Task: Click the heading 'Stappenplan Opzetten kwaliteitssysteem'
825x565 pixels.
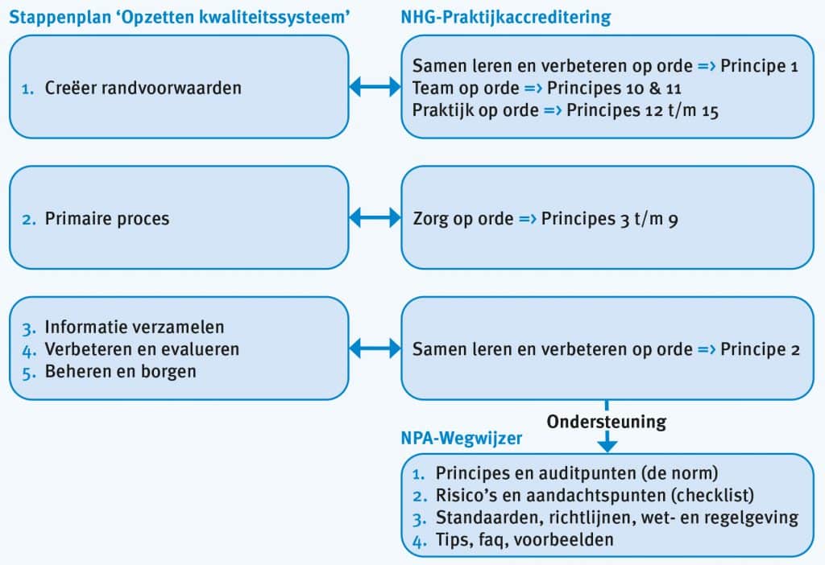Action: tap(180, 18)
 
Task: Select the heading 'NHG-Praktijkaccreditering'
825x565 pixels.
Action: tap(506, 18)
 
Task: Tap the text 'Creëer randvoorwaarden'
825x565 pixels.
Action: tap(143, 88)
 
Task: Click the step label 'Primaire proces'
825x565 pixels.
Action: tap(107, 219)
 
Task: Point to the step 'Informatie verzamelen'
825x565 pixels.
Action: tap(135, 327)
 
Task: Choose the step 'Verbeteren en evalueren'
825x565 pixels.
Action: tap(142, 349)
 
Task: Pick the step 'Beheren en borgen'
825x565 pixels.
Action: tap(121, 372)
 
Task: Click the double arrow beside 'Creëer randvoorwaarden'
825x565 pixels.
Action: tap(375, 87)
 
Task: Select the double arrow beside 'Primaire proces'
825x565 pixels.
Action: tap(375, 217)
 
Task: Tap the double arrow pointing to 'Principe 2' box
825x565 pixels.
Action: tap(375, 348)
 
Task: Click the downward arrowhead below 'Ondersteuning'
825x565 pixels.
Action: tap(607, 444)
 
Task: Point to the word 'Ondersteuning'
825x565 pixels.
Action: tap(607, 422)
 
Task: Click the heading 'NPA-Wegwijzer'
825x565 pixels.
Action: tap(462, 439)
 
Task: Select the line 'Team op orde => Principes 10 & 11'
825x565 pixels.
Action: tap(547, 88)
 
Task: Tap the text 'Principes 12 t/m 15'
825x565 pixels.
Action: tap(642, 110)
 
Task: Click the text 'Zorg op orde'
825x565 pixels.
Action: tap(463, 219)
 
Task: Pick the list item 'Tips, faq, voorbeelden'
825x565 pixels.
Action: tap(524, 540)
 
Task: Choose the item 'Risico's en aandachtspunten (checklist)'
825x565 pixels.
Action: tap(595, 496)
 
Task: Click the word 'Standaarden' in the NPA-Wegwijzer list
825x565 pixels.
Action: tap(489, 518)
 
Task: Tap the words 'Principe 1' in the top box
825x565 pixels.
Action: tap(759, 66)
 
